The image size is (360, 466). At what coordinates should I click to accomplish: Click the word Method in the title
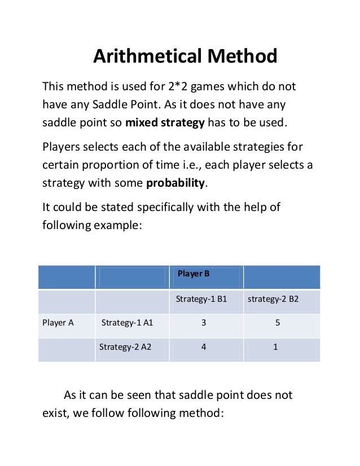243,56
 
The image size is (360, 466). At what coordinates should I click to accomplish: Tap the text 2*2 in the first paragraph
194,87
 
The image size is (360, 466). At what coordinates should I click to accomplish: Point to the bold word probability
174,183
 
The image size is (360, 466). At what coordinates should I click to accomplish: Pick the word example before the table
112,226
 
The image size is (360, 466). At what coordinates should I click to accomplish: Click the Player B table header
194,274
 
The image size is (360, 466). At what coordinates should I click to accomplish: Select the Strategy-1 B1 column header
201,299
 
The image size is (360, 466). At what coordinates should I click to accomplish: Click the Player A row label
58,323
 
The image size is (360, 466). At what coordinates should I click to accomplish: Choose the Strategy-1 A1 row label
128,323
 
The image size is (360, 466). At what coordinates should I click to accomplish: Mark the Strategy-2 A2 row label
125,347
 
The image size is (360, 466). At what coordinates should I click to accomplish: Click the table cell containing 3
203,323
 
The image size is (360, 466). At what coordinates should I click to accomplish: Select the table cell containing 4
203,347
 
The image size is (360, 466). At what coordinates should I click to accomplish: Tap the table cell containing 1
275,347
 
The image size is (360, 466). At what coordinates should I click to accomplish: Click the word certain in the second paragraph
61,165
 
